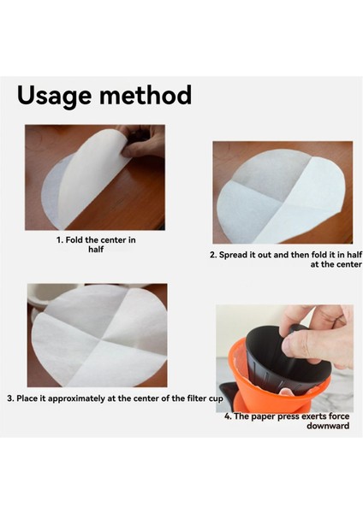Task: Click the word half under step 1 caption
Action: coord(96,250)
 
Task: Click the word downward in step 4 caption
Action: coord(327,425)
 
